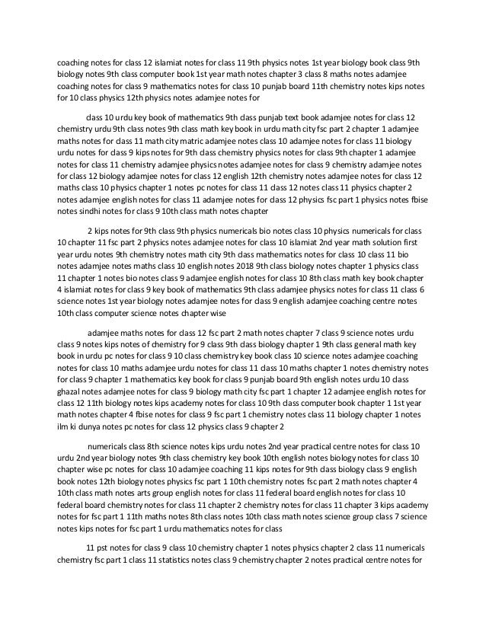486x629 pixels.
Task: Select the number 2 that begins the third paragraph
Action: [x=91, y=229]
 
